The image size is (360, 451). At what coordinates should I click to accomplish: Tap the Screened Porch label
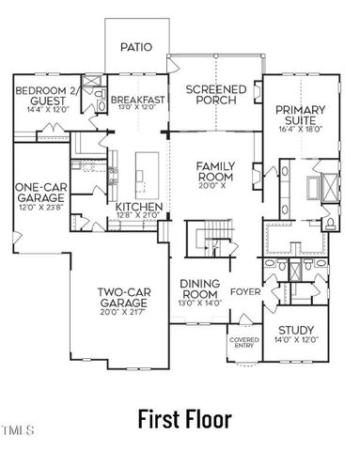pos(215,95)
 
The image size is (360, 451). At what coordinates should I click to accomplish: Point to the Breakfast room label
pos(138,99)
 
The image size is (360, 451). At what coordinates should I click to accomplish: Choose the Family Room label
pos(215,171)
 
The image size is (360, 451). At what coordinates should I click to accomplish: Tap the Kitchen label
pos(139,207)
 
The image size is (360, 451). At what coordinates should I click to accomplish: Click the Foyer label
pos(245,290)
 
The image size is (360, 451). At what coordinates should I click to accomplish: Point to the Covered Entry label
pos(243,343)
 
